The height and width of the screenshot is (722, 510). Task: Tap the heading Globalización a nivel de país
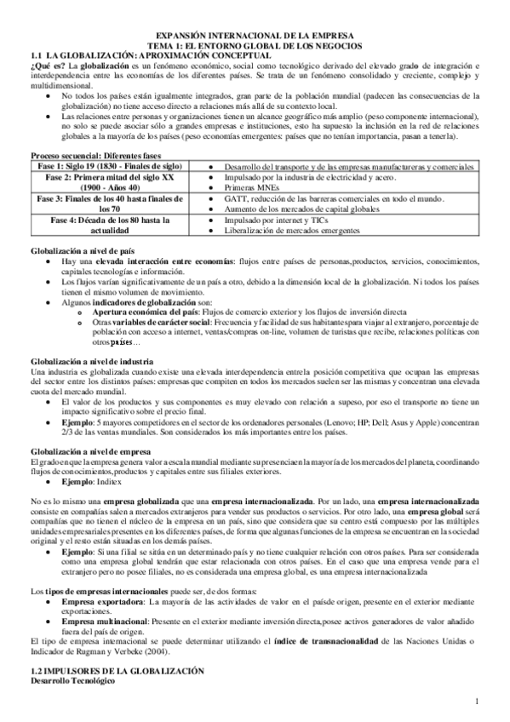83,253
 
